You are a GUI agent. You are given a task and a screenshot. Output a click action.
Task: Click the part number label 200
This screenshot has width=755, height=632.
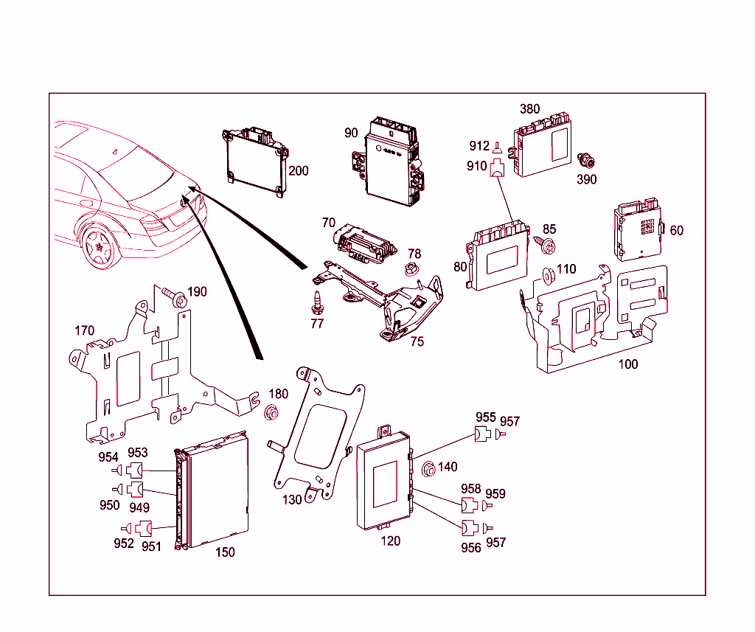point(299,171)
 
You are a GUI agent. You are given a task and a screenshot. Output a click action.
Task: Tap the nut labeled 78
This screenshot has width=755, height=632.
point(412,269)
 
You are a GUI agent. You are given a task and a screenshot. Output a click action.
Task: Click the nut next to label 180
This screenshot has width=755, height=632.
point(271,412)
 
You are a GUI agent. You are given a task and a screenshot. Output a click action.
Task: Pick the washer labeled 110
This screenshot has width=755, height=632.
point(549,276)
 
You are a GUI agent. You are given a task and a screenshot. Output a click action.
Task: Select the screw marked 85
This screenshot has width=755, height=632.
point(549,244)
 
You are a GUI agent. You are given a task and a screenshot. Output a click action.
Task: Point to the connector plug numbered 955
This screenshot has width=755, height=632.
point(484,434)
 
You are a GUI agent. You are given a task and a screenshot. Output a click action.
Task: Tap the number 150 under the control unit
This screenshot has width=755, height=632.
point(225,552)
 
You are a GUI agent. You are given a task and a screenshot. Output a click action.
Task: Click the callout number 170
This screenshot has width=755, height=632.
point(85,331)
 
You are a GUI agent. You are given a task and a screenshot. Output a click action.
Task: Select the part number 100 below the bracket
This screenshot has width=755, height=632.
point(628,364)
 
